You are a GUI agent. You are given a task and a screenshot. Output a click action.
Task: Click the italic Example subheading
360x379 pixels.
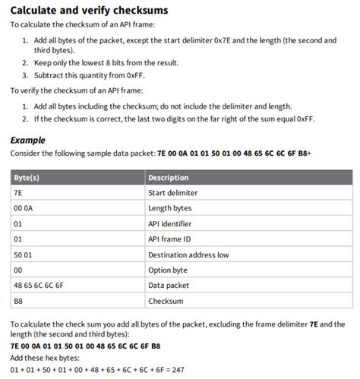point(27,141)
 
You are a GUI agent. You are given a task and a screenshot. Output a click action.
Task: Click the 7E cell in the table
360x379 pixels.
point(18,193)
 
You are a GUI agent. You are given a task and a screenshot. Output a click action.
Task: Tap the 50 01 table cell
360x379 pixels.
point(24,255)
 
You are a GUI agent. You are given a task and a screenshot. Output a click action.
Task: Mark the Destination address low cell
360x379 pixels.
point(188,255)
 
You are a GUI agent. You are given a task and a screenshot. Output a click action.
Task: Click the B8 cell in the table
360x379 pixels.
point(18,302)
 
